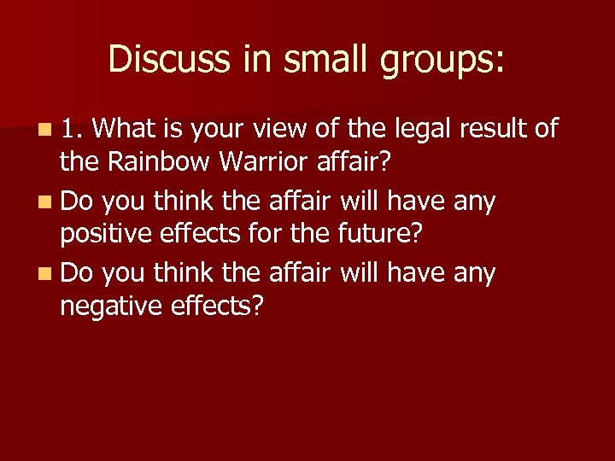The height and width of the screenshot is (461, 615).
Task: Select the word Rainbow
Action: pyautogui.click(x=149, y=159)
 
